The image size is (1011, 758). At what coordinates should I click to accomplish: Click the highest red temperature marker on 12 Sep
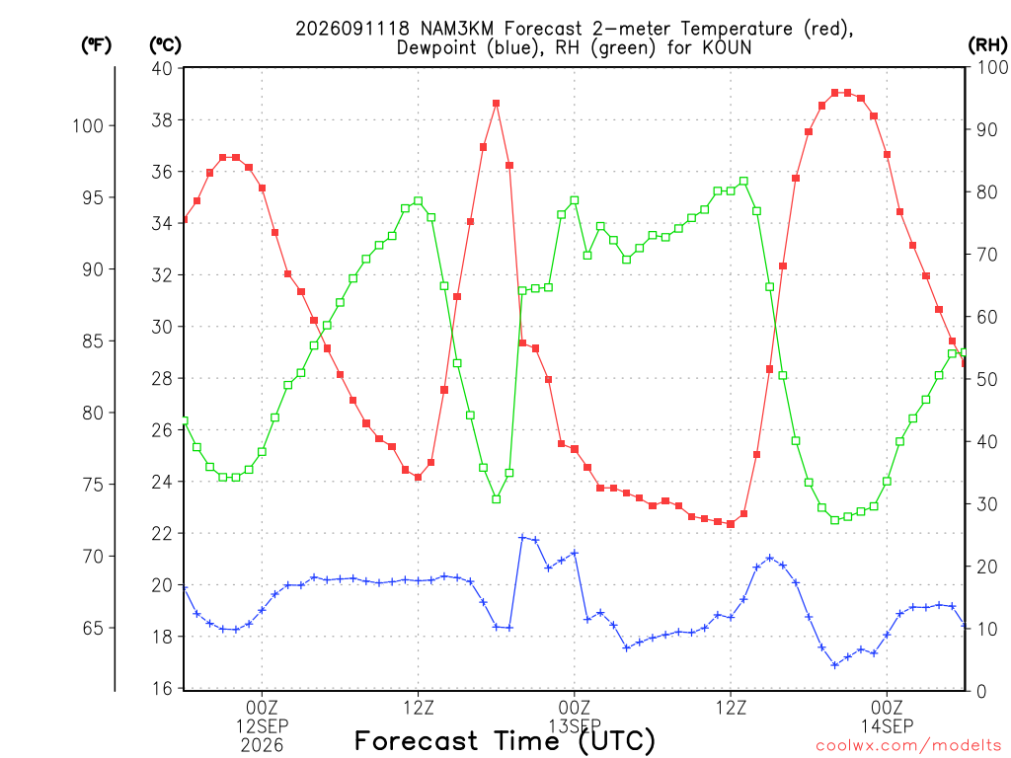pyautogui.click(x=496, y=103)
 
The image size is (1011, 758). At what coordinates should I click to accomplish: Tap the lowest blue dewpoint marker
pyautogui.click(x=835, y=664)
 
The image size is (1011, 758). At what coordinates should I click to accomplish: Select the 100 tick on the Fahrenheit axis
pyautogui.click(x=88, y=125)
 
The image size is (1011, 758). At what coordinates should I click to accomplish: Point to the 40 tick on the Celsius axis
pyautogui.click(x=162, y=68)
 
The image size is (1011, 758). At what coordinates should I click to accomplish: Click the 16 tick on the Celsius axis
pyautogui.click(x=162, y=688)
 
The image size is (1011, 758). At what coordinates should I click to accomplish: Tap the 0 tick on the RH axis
pyautogui.click(x=981, y=691)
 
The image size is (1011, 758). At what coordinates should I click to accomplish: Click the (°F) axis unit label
pyautogui.click(x=96, y=45)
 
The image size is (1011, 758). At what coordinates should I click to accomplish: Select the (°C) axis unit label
pyautogui.click(x=166, y=45)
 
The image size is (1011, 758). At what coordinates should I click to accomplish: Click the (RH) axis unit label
pyautogui.click(x=987, y=45)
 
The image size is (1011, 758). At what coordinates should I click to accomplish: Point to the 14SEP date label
pyautogui.click(x=888, y=726)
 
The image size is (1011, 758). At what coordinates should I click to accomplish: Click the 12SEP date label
pyautogui.click(x=262, y=726)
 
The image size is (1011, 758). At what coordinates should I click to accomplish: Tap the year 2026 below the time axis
pyautogui.click(x=262, y=746)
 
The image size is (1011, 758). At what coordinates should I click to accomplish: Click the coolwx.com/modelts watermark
pyautogui.click(x=908, y=746)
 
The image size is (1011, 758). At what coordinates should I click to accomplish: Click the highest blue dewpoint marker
pyautogui.click(x=522, y=537)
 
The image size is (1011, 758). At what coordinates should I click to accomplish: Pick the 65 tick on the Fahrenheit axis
pyautogui.click(x=93, y=628)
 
